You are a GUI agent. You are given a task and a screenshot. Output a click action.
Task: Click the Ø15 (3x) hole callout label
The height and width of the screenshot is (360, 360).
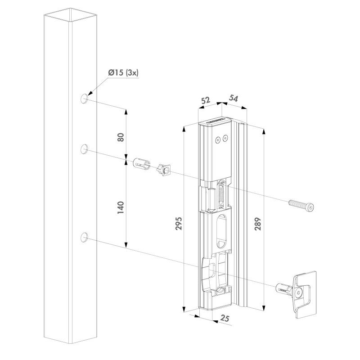click(123, 73)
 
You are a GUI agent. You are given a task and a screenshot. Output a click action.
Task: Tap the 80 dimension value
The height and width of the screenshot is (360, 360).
click(121, 137)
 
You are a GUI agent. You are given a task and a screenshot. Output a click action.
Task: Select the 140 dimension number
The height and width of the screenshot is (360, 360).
click(121, 207)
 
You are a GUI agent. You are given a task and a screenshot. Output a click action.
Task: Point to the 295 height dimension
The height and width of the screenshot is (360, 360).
click(178, 223)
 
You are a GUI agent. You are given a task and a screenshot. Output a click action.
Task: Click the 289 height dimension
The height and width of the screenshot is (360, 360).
click(258, 224)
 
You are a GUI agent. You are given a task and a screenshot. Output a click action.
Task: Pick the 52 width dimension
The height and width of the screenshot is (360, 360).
click(206, 100)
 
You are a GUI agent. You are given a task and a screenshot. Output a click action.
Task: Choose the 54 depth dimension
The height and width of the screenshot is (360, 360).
click(233, 99)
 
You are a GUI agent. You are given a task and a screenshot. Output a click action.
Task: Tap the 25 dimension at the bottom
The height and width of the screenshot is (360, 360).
click(225, 318)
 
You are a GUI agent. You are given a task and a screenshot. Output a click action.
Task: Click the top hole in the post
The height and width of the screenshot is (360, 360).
click(84, 99)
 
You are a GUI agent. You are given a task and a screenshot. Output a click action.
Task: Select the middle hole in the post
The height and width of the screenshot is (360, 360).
click(84, 149)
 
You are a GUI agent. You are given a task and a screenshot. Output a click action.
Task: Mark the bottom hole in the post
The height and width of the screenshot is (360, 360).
click(84, 237)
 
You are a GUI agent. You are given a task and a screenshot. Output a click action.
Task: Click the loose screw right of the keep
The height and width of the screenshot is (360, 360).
click(301, 205)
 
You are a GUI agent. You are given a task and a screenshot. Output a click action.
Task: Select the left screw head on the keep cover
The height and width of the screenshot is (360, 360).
click(217, 139)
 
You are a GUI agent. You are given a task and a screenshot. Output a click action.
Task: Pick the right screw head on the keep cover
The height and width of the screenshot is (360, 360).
click(225, 138)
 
